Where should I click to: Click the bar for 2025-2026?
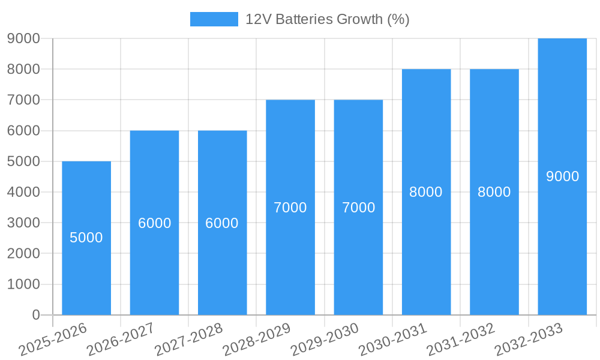click(86, 238)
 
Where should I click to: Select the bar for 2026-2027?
click(154, 223)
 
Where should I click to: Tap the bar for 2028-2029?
click(290, 207)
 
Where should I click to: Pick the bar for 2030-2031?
click(426, 192)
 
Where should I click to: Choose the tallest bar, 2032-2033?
click(562, 176)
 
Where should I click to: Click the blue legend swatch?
click(214, 19)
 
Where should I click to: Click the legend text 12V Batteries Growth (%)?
click(327, 19)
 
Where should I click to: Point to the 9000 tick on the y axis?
click(23, 38)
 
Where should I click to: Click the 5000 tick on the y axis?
click(23, 161)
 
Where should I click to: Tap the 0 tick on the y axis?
click(35, 315)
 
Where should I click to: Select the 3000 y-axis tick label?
click(23, 223)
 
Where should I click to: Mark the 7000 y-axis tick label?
click(23, 100)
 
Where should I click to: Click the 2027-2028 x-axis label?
click(189, 339)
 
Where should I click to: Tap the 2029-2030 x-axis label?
click(325, 339)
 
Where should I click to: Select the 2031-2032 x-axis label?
click(461, 339)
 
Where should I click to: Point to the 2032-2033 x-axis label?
click(529, 339)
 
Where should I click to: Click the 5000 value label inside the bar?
click(86, 238)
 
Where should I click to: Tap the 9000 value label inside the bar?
click(562, 176)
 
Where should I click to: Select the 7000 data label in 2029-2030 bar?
click(358, 208)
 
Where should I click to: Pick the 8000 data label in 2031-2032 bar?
click(494, 192)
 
